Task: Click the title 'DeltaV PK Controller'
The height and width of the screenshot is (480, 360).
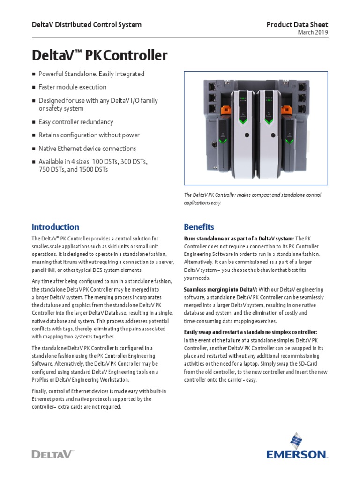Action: coord(99,56)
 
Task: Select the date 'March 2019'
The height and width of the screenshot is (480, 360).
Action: coord(313,32)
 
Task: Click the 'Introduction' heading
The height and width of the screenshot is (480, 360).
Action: coord(55,227)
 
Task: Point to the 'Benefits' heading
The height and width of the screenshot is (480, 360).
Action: coord(199,227)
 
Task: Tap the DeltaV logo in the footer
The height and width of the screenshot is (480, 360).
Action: coord(52,454)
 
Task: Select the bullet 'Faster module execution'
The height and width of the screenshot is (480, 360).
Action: coord(72,87)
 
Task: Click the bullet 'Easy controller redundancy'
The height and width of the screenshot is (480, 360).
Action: coord(75,122)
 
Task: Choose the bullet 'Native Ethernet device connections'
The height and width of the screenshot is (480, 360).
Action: coord(87,149)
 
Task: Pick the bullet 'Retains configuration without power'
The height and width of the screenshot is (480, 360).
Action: coord(89,135)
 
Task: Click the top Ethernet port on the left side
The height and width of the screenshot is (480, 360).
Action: coord(211,86)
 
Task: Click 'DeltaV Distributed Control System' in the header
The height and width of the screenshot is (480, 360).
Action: coord(86,25)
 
